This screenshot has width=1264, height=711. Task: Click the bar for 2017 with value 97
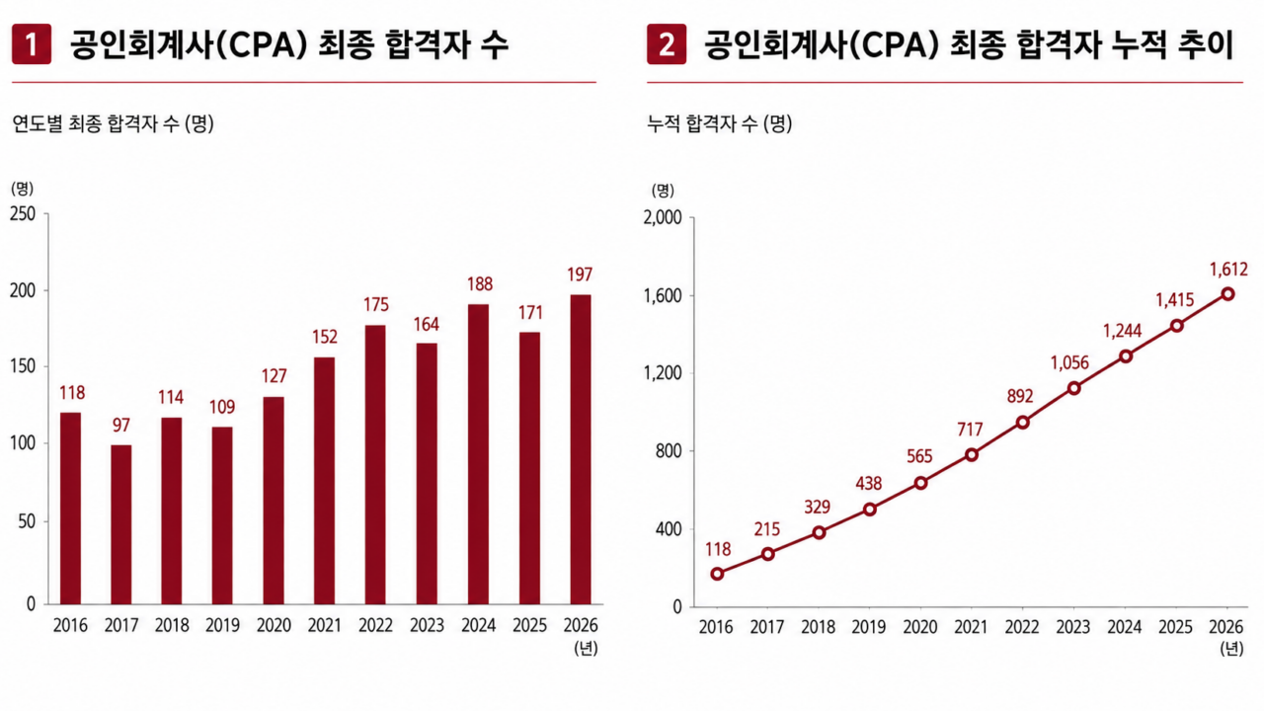coord(121,524)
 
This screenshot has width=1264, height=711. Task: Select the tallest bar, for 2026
coord(581,449)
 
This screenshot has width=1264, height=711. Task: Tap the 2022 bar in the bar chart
coord(375,465)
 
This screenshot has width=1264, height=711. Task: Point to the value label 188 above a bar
coord(480,284)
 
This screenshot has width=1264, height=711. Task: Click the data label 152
coord(325,337)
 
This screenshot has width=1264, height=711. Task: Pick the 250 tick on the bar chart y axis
coord(23,214)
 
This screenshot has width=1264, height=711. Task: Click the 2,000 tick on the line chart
coord(663,218)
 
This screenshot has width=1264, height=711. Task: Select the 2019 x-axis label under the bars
coord(222,625)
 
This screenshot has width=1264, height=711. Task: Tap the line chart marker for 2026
coord(1227,294)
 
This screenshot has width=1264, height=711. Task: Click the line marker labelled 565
coord(921,483)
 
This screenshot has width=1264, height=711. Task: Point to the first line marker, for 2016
coord(717,574)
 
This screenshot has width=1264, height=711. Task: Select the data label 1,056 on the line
coord(1069,362)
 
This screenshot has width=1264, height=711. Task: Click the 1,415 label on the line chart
coord(1175,300)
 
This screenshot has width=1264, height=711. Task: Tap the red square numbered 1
coord(32,44)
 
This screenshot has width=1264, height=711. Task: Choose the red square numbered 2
coord(667,44)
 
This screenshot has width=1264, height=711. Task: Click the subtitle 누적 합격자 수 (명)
coord(720,123)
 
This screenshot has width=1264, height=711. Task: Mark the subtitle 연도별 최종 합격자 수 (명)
coord(113,123)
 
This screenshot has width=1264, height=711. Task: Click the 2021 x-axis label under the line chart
coord(971,627)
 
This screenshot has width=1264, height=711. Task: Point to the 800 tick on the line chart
coord(669,451)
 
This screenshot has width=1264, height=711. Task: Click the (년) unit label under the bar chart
coord(586,649)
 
